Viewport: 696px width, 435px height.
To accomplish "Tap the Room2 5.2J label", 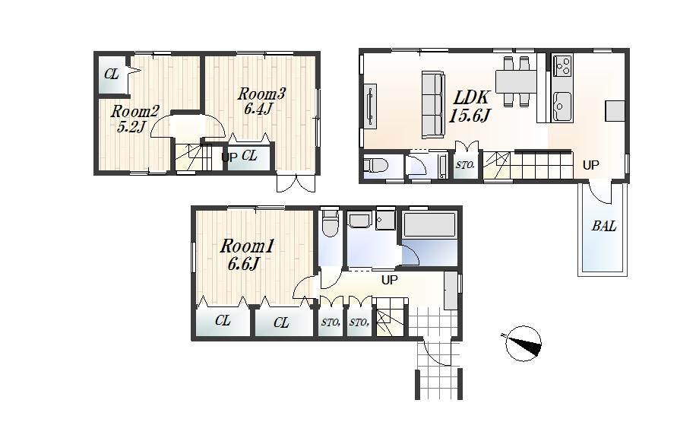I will tap(134, 119).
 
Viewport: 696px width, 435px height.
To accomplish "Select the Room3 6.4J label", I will tap(261, 101).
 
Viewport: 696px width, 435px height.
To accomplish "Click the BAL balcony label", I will tap(604, 227).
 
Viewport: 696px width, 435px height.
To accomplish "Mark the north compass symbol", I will tap(523, 342).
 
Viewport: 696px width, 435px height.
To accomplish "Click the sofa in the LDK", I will tap(433, 105).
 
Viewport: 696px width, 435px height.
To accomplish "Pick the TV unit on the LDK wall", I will tap(370, 104).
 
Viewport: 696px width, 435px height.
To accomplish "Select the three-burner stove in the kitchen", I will tap(562, 67).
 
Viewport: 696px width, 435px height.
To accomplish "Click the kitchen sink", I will tap(562, 104).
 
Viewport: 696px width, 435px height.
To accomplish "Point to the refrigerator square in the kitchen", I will tap(615, 110).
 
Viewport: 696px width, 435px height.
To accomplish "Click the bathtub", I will tap(429, 227).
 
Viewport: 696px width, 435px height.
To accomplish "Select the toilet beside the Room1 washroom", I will tap(330, 224).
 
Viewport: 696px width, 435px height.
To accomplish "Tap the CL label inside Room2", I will tap(112, 75).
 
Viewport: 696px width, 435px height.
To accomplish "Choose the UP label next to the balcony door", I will tap(590, 165).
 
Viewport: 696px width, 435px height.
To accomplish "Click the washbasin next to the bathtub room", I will tap(360, 221).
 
